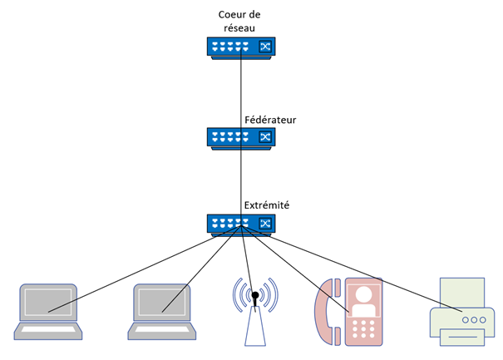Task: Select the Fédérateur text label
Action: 269,120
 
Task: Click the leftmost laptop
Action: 49,312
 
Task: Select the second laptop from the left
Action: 163,312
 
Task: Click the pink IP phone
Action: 349,312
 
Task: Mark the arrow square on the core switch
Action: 264,47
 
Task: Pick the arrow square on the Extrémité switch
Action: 264,223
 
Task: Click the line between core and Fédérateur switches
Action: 241,91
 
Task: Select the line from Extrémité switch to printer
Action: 366,275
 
